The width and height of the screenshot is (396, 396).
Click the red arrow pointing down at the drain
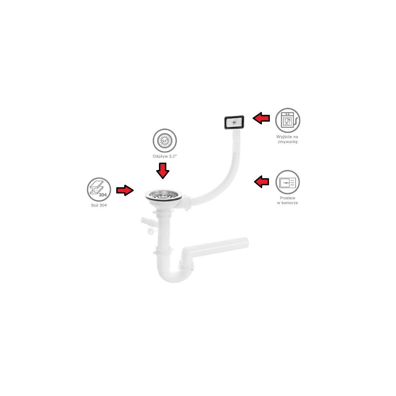[x=163, y=171]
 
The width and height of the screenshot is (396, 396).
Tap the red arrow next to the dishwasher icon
[x=261, y=118]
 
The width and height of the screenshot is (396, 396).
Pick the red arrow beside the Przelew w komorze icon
[x=261, y=182]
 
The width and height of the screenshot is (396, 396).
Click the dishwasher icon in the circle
[x=287, y=120]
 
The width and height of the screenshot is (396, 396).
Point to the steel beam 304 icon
[x=99, y=190]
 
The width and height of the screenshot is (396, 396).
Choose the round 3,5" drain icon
[x=165, y=141]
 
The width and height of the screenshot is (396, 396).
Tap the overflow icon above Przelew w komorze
[x=287, y=182]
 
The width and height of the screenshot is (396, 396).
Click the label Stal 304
[x=99, y=205]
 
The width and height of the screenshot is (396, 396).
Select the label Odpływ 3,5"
[x=165, y=156]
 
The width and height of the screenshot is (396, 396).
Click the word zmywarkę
[x=287, y=142]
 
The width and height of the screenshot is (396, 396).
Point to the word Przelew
[x=287, y=198]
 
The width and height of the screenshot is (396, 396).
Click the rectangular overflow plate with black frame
[x=234, y=123]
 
